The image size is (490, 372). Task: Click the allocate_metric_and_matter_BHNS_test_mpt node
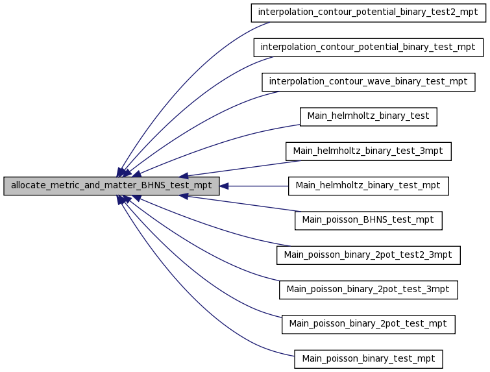click(112, 186)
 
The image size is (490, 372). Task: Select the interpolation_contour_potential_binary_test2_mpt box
click(369, 13)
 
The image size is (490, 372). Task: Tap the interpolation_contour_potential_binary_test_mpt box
click(369, 47)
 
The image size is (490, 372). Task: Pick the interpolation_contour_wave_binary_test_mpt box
click(369, 82)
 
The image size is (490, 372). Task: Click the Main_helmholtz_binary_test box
click(369, 117)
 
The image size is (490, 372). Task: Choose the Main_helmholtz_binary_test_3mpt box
click(369, 152)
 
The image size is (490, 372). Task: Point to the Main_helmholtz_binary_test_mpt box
click(369, 186)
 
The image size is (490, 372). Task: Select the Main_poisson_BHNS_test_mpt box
click(369, 221)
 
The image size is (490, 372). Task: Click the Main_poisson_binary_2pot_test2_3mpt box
click(369, 255)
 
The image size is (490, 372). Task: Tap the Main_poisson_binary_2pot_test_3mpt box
click(369, 290)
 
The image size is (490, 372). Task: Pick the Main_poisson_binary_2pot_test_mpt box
click(369, 325)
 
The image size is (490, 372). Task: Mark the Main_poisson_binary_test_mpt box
click(369, 360)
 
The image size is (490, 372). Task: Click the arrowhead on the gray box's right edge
click(224, 186)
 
